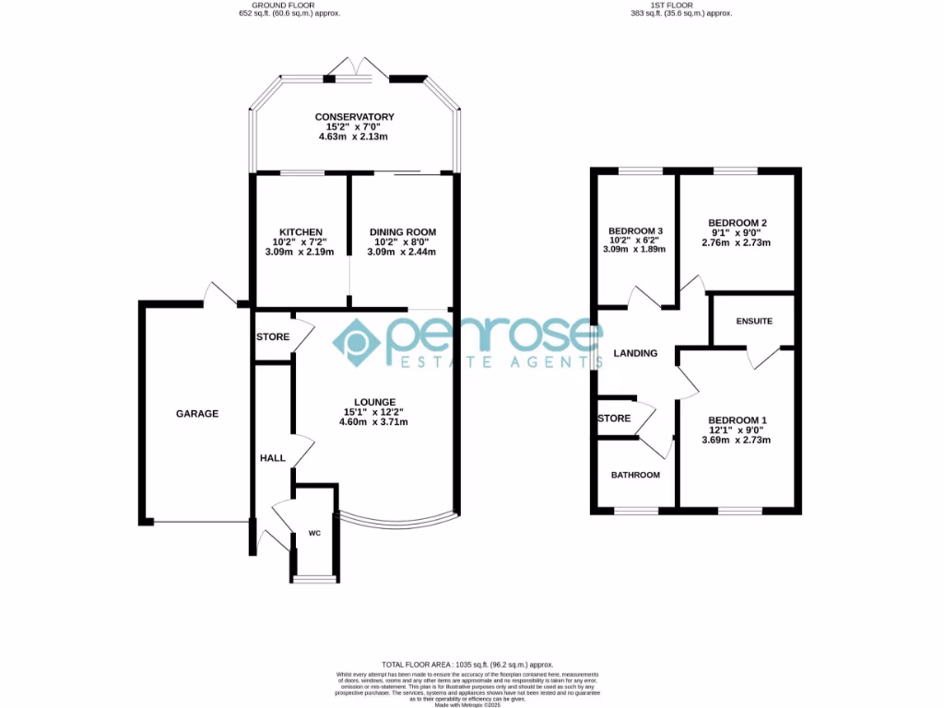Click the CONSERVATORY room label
click(354, 117)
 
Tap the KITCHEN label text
click(301, 231)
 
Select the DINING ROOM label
click(402, 231)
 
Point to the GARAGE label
click(197, 414)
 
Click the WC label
click(313, 533)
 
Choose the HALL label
click(272, 457)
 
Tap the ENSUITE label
click(753, 321)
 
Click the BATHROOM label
click(635, 475)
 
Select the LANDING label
click(636, 353)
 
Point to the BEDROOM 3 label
click(636, 230)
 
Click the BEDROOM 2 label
click(737, 223)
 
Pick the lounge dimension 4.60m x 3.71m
click(373, 422)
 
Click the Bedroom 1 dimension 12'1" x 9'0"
click(737, 431)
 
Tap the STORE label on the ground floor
click(273, 337)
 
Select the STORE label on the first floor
click(614, 419)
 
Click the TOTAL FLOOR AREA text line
click(467, 665)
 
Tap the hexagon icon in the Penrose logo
click(357, 342)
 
